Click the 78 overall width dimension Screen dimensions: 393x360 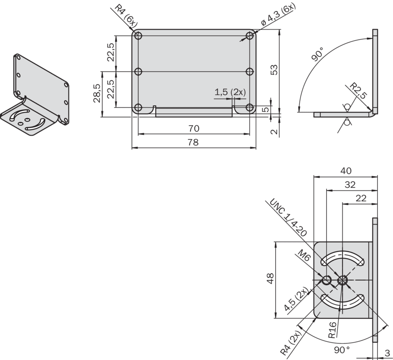[x=193, y=142]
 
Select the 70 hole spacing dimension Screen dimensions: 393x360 [x=194, y=129]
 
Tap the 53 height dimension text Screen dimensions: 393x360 [x=274, y=70]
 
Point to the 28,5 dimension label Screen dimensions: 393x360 [x=97, y=93]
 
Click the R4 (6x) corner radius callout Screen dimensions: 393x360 [x=126, y=15]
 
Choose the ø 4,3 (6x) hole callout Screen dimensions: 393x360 [x=278, y=15]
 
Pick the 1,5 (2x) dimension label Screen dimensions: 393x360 [x=230, y=92]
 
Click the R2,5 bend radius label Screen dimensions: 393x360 [x=358, y=90]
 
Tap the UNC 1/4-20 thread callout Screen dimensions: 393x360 [x=288, y=217]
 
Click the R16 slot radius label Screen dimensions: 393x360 [x=332, y=329]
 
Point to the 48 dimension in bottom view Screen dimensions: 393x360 [x=270, y=279]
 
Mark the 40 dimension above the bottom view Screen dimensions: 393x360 [x=346, y=171]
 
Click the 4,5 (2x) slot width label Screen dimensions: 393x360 [x=296, y=299]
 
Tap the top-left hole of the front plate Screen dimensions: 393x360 [x=138, y=36]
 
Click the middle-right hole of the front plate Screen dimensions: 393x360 [x=250, y=72]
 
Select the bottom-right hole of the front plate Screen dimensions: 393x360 [x=250, y=108]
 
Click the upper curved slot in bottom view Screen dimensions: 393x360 [x=342, y=253]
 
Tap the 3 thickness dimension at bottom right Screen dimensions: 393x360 [x=388, y=353]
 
